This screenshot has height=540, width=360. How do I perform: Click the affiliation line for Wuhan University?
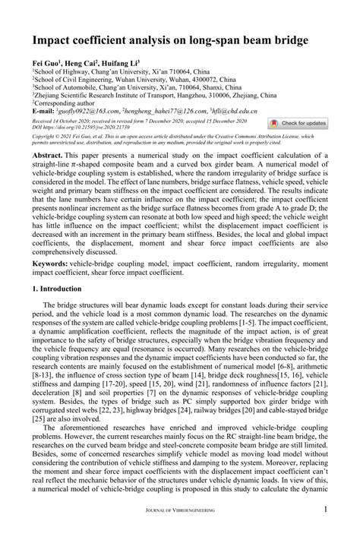click(122, 77)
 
